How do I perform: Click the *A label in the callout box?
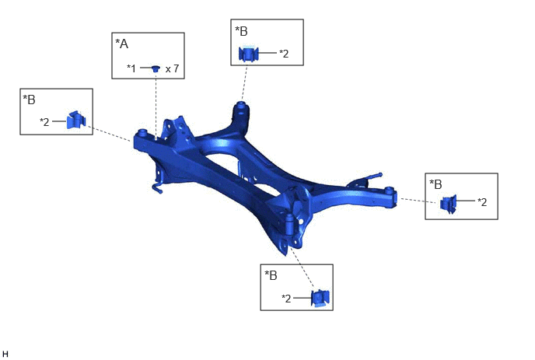pyautogui.click(x=122, y=44)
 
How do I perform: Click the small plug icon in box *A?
pyautogui.click(x=156, y=68)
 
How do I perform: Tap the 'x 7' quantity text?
pyautogui.click(x=173, y=69)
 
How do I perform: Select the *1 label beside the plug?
pyautogui.click(x=131, y=68)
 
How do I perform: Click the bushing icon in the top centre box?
pyautogui.click(x=248, y=54)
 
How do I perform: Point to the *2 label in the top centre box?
pyautogui.click(x=284, y=54)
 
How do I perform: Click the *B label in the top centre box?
pyautogui.click(x=241, y=31)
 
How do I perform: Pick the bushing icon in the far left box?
pyautogui.click(x=76, y=120)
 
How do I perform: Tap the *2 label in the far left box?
pyautogui.click(x=44, y=122)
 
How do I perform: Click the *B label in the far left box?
pyautogui.click(x=29, y=100)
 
